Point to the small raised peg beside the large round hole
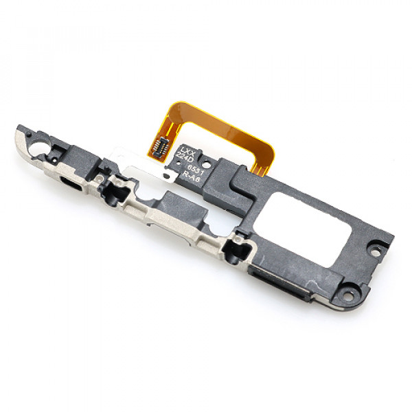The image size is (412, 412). tap(55, 145)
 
